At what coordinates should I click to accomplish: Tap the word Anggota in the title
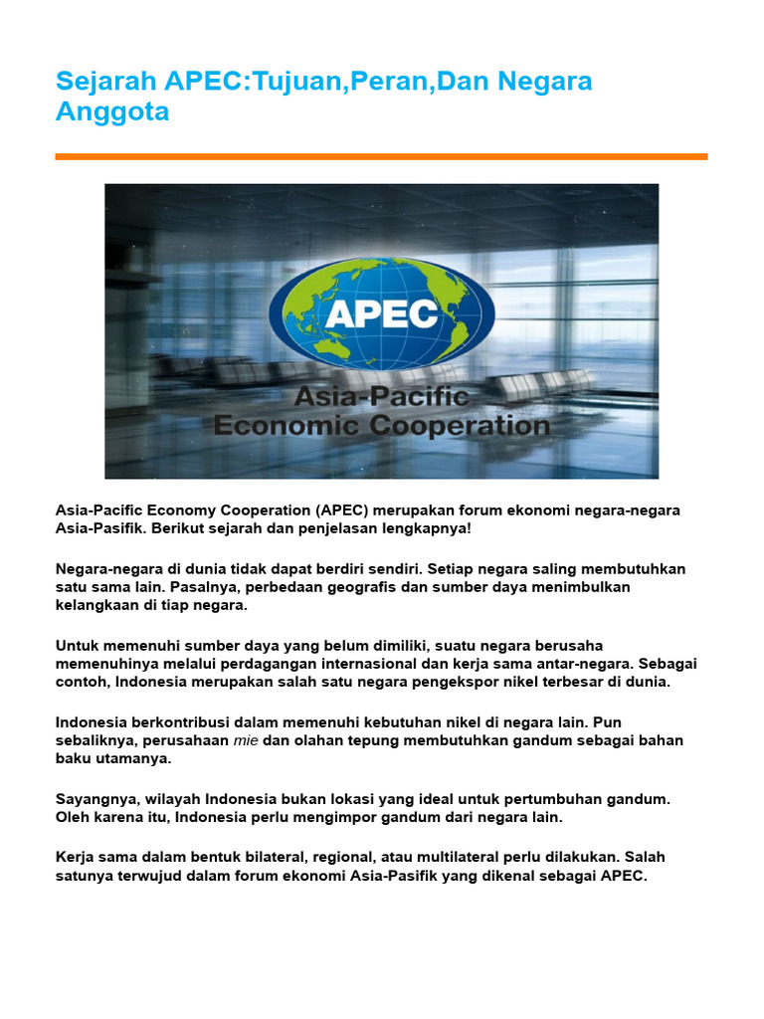112,111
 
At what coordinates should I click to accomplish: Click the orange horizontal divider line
381,156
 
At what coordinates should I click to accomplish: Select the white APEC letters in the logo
382,313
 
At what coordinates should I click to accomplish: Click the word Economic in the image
286,426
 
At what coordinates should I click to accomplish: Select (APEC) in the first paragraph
343,510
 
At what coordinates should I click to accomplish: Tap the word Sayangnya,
97,799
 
